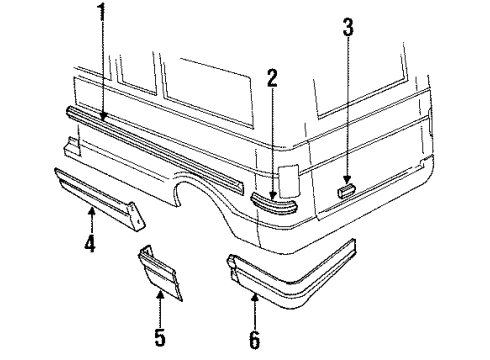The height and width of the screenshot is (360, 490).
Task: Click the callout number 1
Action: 101,13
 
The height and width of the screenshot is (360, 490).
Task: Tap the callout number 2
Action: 272,77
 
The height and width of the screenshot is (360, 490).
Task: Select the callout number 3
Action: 347,27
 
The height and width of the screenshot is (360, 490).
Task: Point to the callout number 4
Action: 89,243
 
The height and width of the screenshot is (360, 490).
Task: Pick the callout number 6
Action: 254,340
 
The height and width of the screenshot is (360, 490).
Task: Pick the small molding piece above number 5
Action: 162,270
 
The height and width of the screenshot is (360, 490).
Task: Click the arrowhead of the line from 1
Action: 102,120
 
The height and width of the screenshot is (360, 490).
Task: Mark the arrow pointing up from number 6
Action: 254,305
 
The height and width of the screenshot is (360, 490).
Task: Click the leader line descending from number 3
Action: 347,110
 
